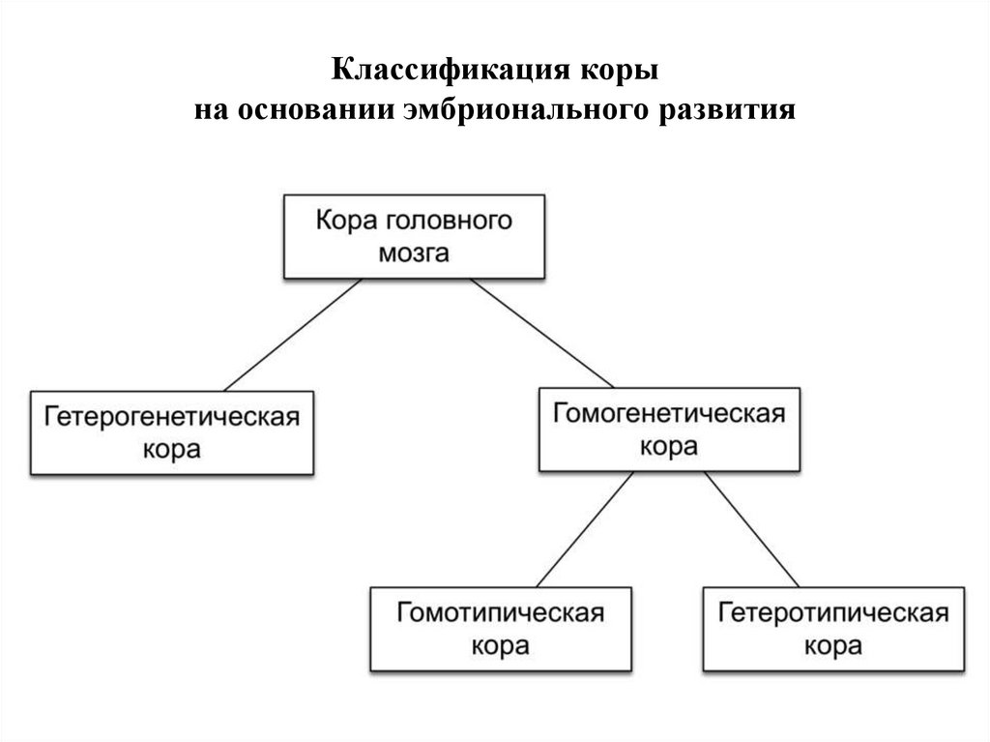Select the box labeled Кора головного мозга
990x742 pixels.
point(413,236)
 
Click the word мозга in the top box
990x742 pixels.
point(414,254)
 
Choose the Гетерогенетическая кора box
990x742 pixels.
point(171,432)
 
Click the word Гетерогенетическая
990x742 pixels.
point(171,418)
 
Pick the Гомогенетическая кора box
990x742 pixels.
point(669,430)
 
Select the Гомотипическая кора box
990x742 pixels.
point(501,629)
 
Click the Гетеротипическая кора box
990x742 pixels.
point(833,629)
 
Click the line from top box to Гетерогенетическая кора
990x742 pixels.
point(293,334)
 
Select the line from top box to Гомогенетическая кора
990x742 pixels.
point(542,333)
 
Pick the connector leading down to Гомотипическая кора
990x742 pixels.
point(586,529)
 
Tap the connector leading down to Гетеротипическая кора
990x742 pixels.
point(750,529)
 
